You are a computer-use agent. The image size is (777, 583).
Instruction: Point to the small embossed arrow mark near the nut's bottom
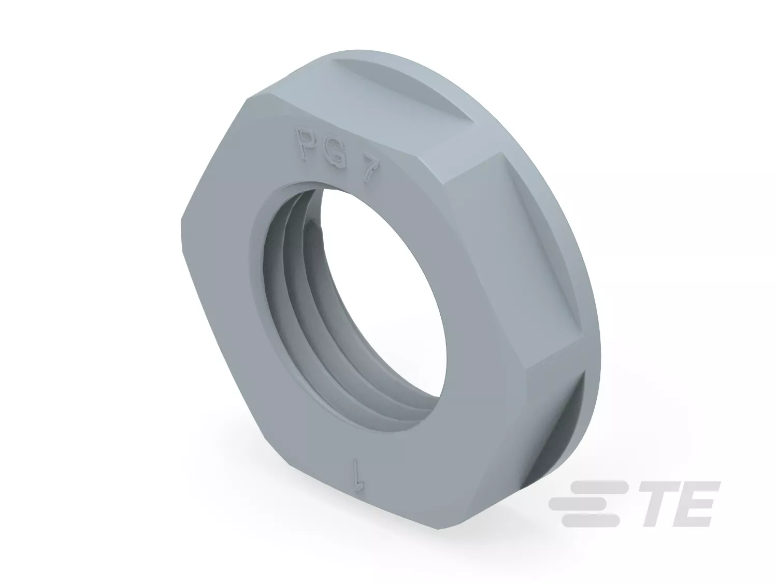(x=358, y=479)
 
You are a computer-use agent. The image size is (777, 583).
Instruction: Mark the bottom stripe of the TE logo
(x=591, y=520)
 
